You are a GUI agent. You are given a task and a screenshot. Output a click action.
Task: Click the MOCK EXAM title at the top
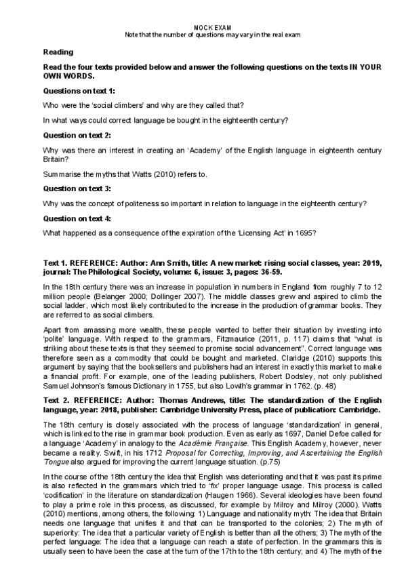(203, 27)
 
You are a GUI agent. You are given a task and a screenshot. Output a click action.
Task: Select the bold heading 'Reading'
(58, 52)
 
